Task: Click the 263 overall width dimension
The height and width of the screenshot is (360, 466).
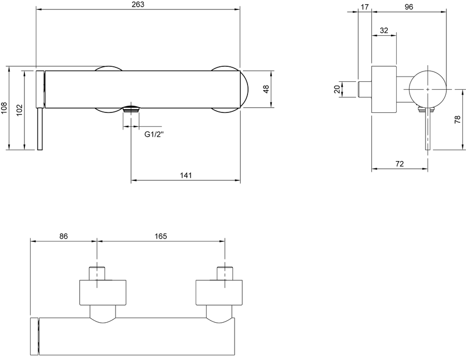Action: point(138,5)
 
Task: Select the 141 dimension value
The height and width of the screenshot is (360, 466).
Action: point(186,176)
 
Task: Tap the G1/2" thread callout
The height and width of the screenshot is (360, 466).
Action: point(154,134)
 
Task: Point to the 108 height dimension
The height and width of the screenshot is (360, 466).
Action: point(4,108)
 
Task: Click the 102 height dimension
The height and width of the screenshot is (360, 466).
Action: point(19,110)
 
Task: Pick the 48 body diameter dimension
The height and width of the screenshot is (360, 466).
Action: point(266,89)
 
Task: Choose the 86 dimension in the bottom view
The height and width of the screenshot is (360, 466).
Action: point(64,236)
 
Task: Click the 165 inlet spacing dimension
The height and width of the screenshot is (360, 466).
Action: point(161,236)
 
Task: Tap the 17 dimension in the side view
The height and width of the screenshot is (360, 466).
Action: point(365,7)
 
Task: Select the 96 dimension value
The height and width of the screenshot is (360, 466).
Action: point(409,7)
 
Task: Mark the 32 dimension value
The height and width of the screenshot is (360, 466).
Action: point(384,31)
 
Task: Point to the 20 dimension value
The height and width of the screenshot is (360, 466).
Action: point(337,89)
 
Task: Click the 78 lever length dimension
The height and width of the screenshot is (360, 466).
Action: point(458,120)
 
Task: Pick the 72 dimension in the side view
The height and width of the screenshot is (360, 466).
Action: point(400,164)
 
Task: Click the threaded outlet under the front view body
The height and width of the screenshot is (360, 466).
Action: point(131,109)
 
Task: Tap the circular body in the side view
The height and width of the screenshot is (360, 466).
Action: point(428,89)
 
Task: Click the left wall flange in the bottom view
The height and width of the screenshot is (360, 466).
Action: point(103,293)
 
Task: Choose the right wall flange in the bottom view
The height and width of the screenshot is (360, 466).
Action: point(219,293)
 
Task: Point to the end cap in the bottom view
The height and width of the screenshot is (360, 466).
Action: point(34,336)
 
